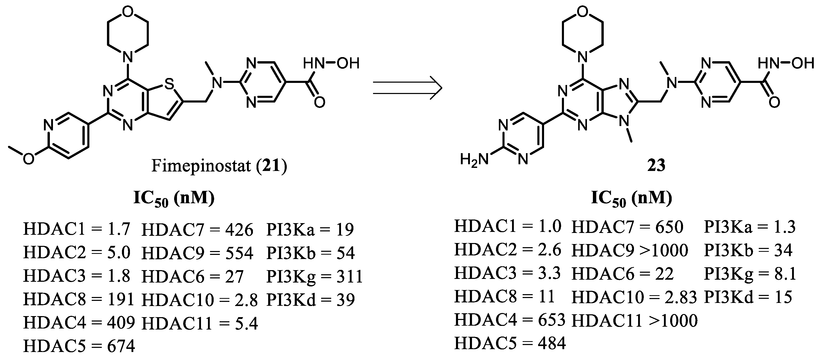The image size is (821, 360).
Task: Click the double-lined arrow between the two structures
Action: [407, 88]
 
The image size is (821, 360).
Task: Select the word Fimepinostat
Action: [201, 166]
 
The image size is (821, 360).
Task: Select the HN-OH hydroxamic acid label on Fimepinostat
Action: [331, 63]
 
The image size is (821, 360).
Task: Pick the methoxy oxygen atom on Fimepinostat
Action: [28, 159]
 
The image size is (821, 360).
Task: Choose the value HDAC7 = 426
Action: [197, 229]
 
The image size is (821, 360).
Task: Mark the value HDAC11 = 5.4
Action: [199, 323]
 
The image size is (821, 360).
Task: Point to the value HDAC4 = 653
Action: [510, 320]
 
